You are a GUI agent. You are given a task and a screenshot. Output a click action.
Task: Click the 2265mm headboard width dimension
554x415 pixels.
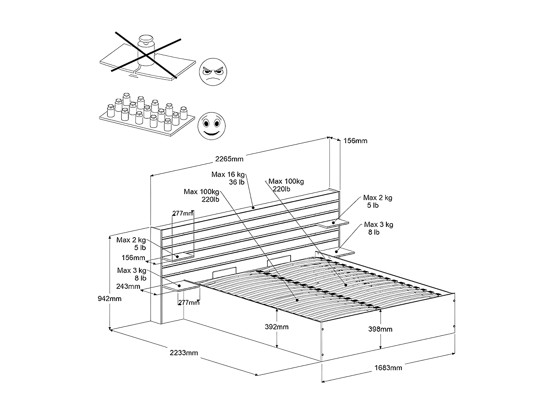coord(229,159)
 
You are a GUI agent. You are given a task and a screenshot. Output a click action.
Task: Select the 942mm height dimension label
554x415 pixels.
coord(110,298)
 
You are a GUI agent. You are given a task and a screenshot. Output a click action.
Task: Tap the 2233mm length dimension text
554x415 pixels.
coord(184,353)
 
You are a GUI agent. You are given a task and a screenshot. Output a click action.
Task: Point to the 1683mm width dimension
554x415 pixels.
coord(388,368)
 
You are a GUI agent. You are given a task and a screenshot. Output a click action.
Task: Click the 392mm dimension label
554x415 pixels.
coord(277,327)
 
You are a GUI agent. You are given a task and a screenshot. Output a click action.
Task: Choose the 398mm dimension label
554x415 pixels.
coord(380,329)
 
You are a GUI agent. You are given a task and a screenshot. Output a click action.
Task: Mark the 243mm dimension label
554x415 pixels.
coord(128,286)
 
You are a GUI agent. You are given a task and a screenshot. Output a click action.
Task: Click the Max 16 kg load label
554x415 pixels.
coord(228,178)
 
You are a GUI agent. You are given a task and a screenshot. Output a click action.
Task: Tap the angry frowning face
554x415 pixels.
coord(213,72)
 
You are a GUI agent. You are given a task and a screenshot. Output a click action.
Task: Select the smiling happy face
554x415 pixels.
coord(212,126)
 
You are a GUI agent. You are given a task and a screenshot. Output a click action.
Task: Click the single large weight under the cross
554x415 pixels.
coord(146,51)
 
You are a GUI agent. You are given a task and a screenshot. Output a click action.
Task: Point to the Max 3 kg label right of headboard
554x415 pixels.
coord(379,228)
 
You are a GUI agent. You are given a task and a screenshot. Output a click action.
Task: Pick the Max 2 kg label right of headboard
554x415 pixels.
coord(377,201)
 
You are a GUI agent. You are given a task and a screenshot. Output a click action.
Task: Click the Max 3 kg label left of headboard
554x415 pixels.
coord(132,274)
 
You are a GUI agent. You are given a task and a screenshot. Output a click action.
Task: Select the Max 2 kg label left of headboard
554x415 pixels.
coord(131,244)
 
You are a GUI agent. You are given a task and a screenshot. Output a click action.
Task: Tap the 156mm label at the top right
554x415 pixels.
coord(355,141)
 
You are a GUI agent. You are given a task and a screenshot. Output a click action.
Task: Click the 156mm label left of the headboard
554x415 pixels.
coord(133,258)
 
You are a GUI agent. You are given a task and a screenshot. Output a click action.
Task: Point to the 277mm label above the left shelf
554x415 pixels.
coord(183,214)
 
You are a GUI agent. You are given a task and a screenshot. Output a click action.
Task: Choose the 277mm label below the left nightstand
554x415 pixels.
coord(189,302)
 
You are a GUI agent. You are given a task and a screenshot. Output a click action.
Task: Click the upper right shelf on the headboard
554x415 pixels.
coord(332,224)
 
